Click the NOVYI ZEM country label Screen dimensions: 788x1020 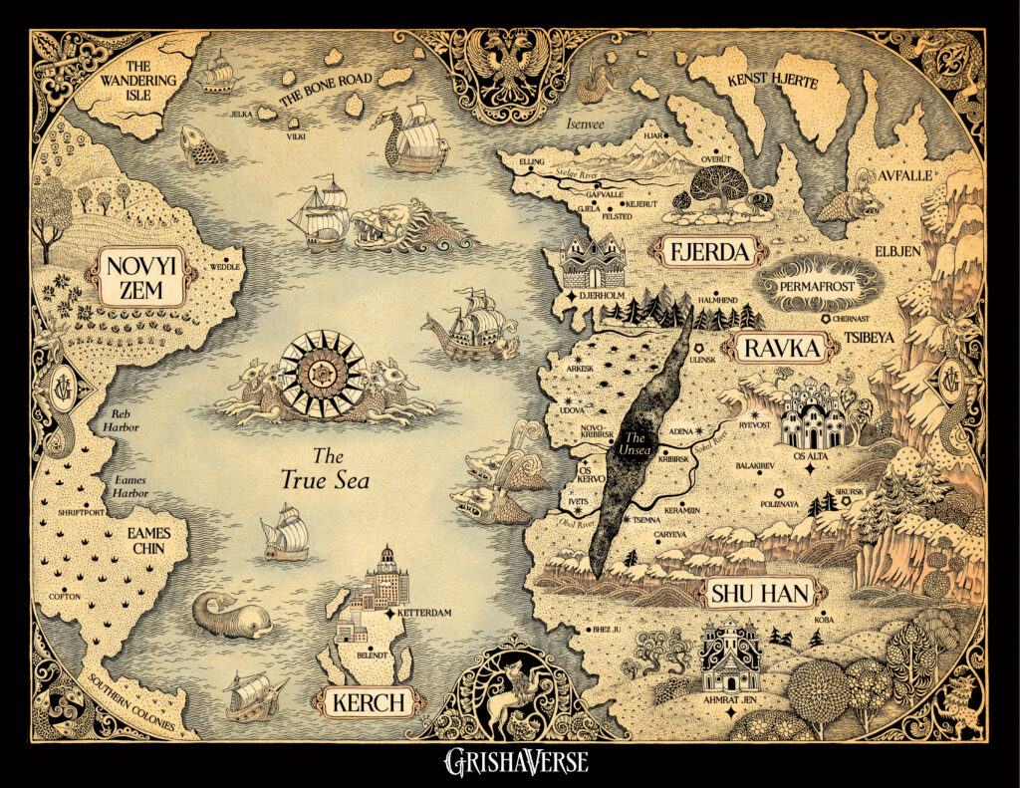point(140,277)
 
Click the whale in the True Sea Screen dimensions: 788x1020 point(228,617)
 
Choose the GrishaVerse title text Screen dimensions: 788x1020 point(516,763)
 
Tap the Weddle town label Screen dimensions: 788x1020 point(227,267)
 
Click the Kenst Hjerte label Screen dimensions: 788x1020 point(786,81)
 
